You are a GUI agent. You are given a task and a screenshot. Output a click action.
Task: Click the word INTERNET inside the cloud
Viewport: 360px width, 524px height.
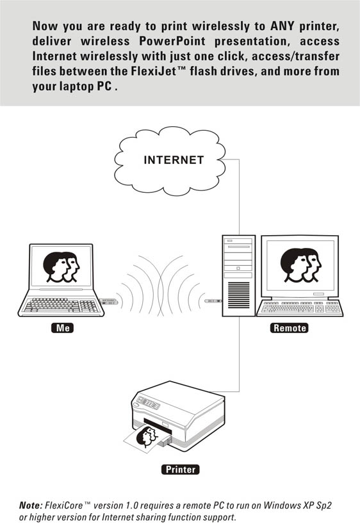coord(174,160)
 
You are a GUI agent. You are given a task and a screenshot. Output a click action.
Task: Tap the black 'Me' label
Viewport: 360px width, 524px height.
coord(62,328)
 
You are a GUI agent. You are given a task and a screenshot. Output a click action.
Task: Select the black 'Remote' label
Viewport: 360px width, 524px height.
coord(290,328)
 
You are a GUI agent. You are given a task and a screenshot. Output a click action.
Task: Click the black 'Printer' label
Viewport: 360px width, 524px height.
coord(181,470)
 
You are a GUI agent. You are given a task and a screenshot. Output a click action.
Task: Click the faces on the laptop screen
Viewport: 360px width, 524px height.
coord(61,267)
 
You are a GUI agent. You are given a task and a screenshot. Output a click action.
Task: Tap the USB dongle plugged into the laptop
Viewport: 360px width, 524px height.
coord(109,302)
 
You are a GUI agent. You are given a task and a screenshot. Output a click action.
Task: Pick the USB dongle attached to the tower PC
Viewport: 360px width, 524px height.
coord(213,301)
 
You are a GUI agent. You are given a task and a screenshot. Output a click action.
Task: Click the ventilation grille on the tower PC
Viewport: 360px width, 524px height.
coord(239,295)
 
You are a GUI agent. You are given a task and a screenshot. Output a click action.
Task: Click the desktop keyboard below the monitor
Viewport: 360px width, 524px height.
coord(300,307)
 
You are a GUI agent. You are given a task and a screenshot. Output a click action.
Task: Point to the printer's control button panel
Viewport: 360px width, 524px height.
coord(149,402)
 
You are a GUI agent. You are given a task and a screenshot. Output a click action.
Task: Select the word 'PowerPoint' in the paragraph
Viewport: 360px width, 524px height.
coord(172,41)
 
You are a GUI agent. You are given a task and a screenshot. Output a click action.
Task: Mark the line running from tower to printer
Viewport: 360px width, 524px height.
coord(239,354)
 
